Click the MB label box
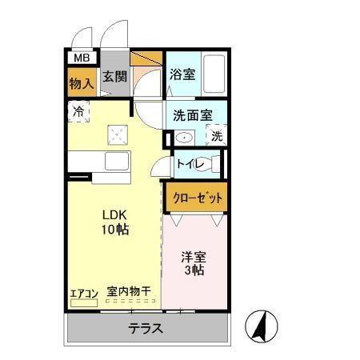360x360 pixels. (x=81, y=58)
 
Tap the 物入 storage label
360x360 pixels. (x=80, y=82)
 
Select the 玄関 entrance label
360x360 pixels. (x=114, y=78)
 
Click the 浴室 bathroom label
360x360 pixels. (x=182, y=74)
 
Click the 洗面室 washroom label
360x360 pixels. (x=192, y=114)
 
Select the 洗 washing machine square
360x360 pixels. (x=217, y=136)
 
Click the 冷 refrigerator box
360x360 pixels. (x=78, y=111)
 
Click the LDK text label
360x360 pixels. (x=114, y=214)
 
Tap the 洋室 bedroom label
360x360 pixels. (x=194, y=257)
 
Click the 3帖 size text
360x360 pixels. (x=194, y=272)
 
